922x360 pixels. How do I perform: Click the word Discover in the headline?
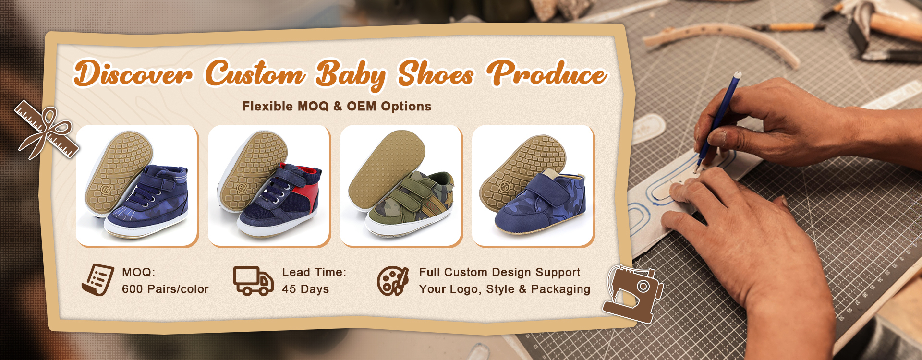pyautogui.click(x=133, y=73)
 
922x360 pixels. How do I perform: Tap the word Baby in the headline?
pyautogui.click(x=351, y=75)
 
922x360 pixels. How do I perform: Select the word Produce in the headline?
pyautogui.click(x=547, y=73)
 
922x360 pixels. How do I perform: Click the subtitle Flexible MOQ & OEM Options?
pyautogui.click(x=337, y=106)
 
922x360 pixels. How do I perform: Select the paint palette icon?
pyautogui.click(x=392, y=281)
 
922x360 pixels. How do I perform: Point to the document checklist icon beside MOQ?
pyautogui.click(x=98, y=280)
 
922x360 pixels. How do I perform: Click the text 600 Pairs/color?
pyautogui.click(x=165, y=289)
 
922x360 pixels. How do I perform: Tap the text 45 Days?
pyautogui.click(x=305, y=289)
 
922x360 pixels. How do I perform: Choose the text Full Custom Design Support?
pyautogui.click(x=499, y=273)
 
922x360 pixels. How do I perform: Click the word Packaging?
pyautogui.click(x=560, y=289)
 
